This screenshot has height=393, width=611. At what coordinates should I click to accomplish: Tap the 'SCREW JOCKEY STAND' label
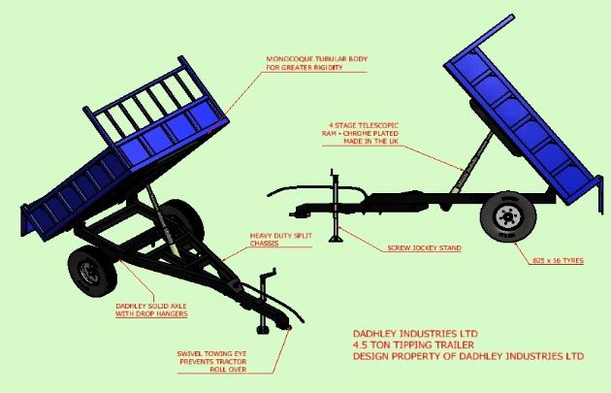pos(424,248)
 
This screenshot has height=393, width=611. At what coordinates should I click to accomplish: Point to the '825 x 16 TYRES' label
pos(558,260)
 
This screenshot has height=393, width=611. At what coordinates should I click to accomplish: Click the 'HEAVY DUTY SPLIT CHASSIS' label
pos(280,240)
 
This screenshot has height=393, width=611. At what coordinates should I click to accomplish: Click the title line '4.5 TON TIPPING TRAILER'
pos(413,345)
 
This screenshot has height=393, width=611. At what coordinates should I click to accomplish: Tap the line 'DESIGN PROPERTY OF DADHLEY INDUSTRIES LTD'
pos(468,356)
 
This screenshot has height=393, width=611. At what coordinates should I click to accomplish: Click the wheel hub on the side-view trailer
pos(508,216)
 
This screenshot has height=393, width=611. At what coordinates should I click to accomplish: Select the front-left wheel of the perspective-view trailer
pos(93,271)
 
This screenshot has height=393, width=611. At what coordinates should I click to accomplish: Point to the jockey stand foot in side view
pos(336,238)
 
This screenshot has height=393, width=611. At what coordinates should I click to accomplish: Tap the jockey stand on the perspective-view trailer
pos(264,301)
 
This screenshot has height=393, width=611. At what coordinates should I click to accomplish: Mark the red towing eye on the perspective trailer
pos(289,328)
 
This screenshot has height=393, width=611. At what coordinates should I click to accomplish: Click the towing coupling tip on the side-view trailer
pos(292,213)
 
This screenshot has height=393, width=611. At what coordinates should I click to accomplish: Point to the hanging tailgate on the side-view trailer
pos(598,195)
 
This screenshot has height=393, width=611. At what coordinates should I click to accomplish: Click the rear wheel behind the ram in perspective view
pos(186,220)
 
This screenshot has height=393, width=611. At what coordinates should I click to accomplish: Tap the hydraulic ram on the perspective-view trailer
pos(162,220)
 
